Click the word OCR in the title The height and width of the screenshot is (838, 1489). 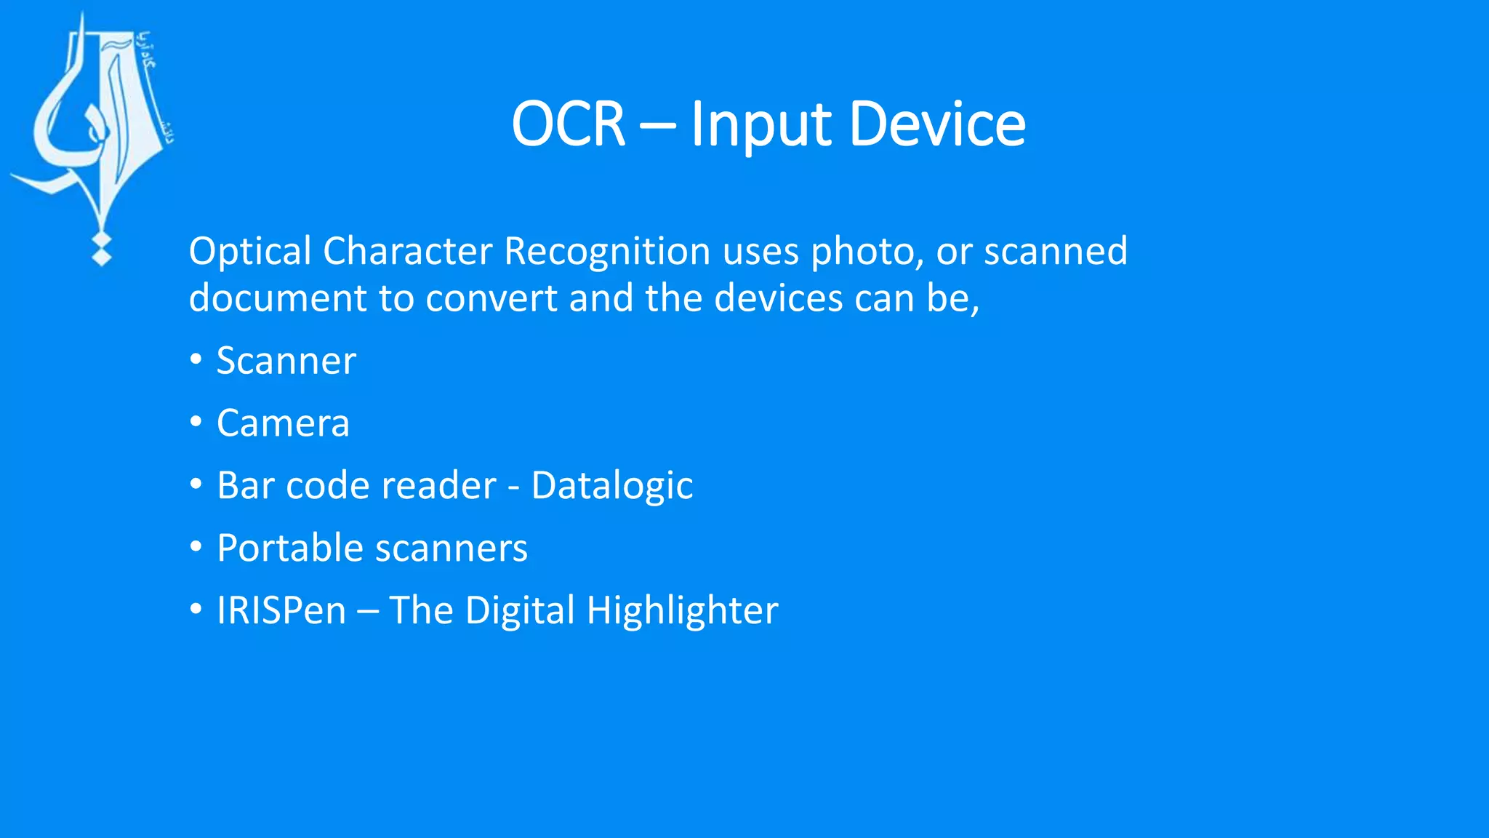click(x=568, y=124)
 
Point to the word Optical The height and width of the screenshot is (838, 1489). click(x=250, y=252)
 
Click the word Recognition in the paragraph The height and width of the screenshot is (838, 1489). click(x=607, y=252)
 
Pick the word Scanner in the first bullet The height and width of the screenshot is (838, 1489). click(x=286, y=361)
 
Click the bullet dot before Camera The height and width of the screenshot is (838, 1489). click(x=196, y=421)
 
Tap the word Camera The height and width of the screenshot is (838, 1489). click(x=283, y=423)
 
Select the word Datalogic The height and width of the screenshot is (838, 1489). click(x=612, y=486)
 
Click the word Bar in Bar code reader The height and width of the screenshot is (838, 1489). click(x=246, y=485)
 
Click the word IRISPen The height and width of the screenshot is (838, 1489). click(x=281, y=610)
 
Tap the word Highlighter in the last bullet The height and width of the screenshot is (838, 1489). click(x=682, y=611)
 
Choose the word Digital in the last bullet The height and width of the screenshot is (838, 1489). click(x=520, y=611)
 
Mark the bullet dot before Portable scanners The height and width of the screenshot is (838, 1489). click(x=196, y=546)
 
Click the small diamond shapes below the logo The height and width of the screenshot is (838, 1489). click(x=101, y=250)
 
